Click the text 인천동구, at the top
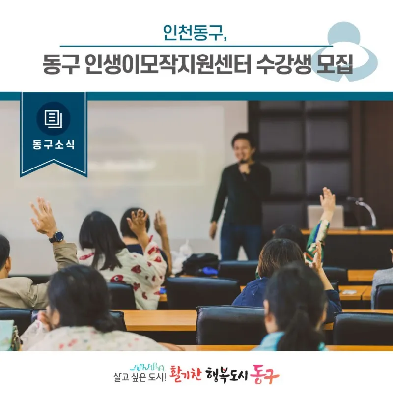point(195,32)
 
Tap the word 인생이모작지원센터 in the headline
point(168,64)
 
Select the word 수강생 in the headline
point(283,64)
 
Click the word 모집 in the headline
point(335,64)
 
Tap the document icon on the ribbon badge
point(54,119)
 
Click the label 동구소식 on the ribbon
point(54,144)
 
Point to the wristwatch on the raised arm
point(56,237)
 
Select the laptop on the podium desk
point(325,217)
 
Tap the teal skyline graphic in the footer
point(148,366)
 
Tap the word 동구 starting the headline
point(61,64)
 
